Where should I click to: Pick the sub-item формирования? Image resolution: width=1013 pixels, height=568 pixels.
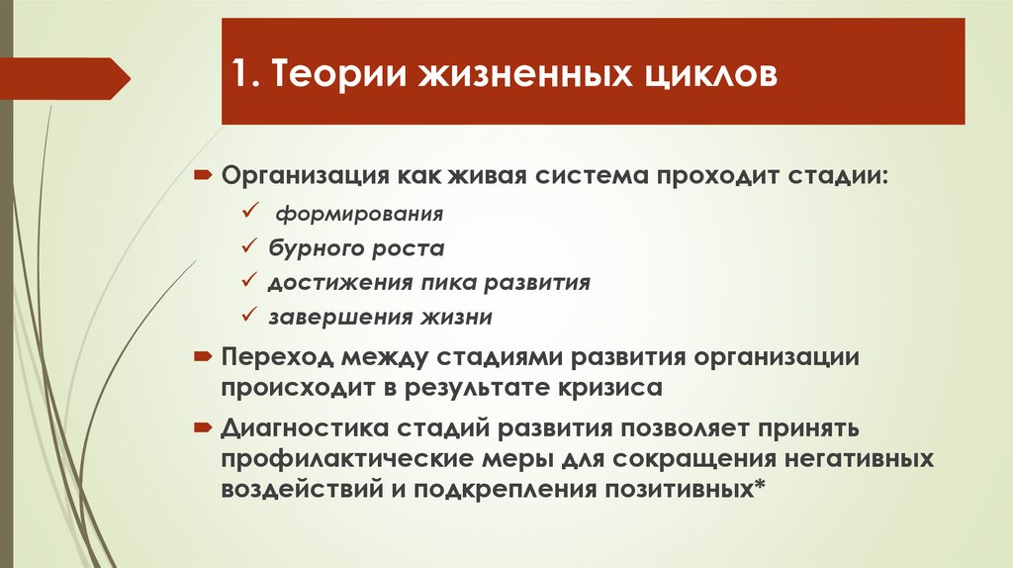[x=359, y=213]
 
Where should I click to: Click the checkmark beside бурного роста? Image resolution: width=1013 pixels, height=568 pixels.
[x=247, y=246]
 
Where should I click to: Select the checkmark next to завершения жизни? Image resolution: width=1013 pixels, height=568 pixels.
[x=247, y=317]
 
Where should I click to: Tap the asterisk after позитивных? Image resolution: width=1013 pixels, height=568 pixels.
[x=759, y=488]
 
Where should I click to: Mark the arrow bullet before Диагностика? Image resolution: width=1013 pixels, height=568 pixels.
[x=201, y=427]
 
